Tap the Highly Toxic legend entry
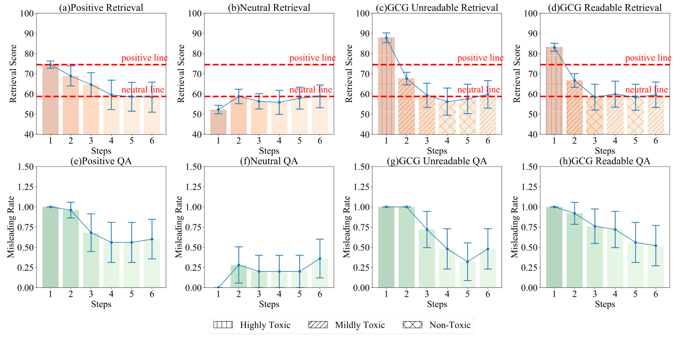(x=251, y=325)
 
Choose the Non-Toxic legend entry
(x=436, y=325)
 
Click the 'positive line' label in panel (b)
(x=313, y=58)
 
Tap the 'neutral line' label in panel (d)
(x=648, y=90)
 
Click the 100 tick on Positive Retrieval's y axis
(x=28, y=13)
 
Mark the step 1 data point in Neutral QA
(x=218, y=288)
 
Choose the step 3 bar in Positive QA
(x=91, y=260)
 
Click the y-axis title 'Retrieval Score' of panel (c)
(x=347, y=73)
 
